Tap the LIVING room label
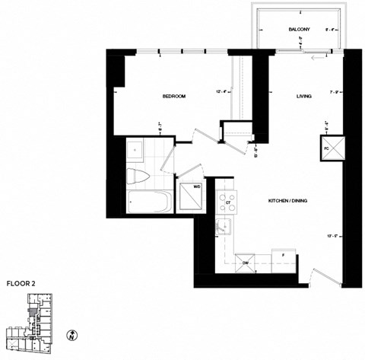tap(306, 97)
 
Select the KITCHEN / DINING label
tap(287, 200)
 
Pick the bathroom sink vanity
tap(134, 148)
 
